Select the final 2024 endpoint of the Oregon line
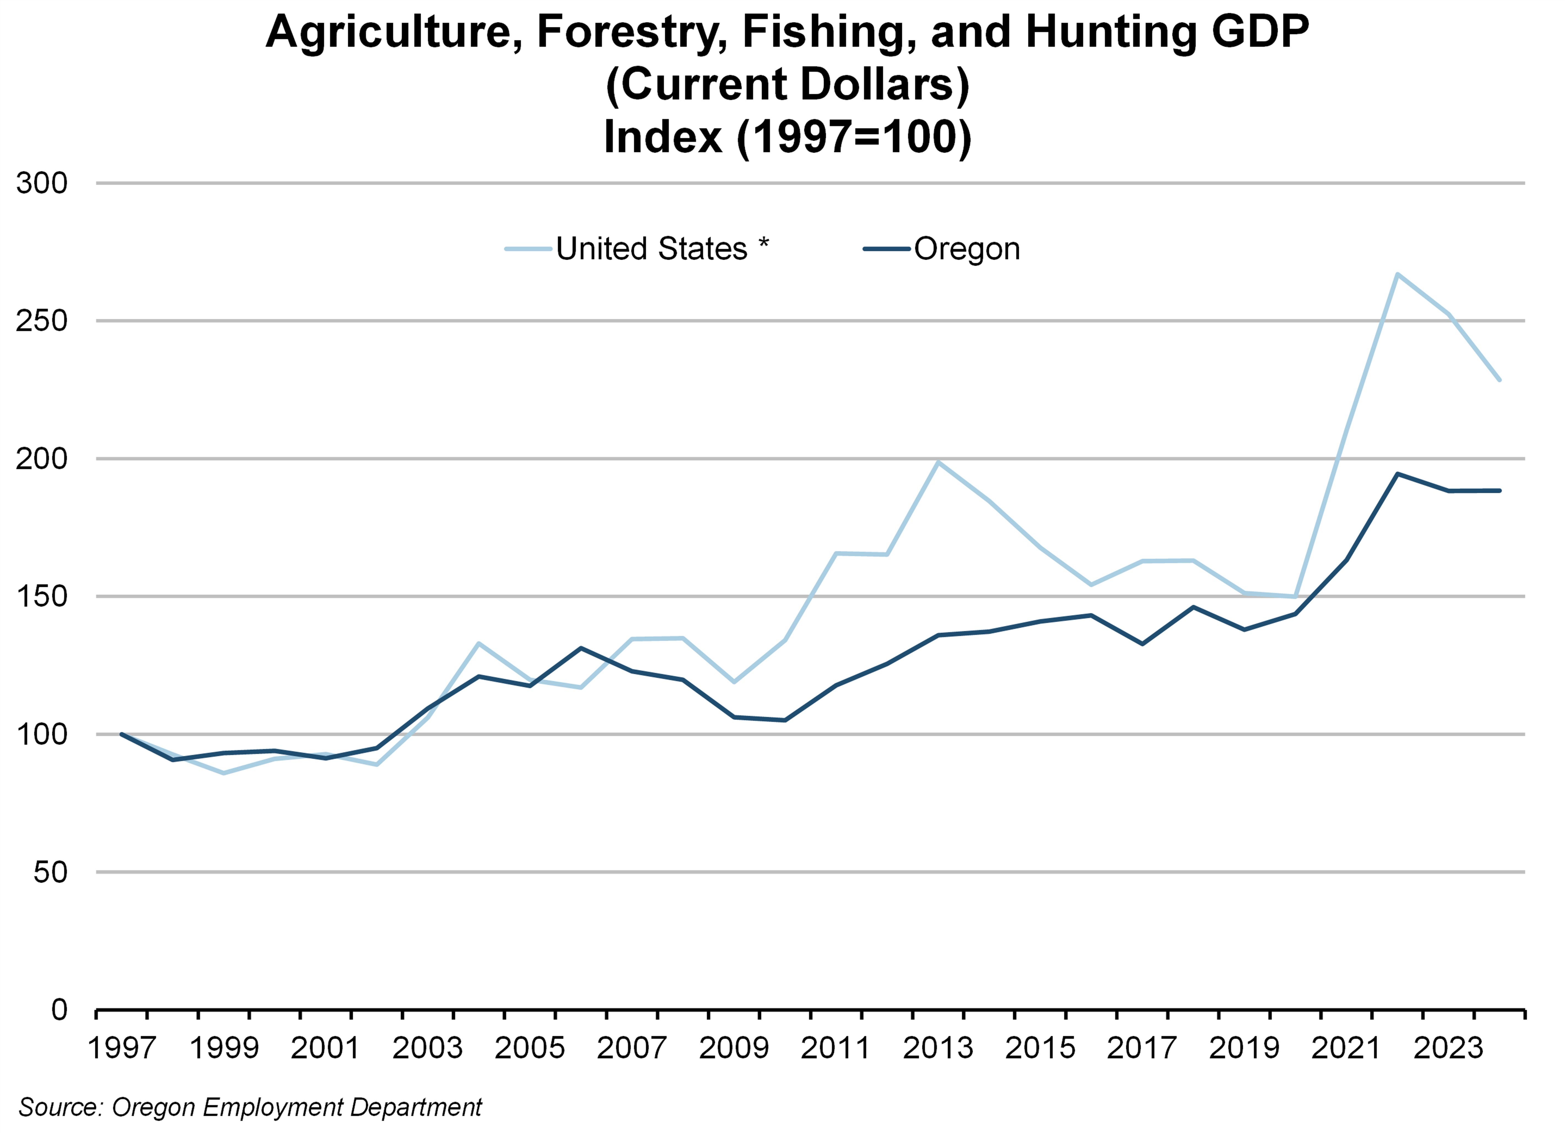1499,491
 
